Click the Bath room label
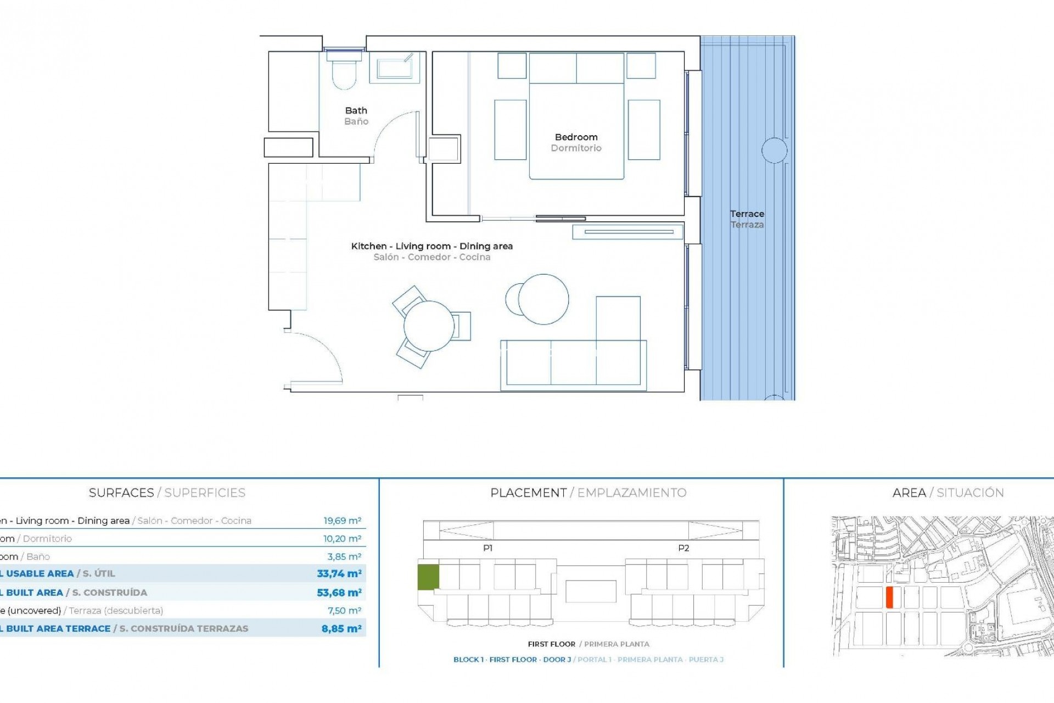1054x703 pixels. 356,111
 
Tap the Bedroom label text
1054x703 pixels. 576,137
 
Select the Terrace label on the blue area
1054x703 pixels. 747,214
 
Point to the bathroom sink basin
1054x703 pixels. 394,68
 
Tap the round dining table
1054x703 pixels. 429,326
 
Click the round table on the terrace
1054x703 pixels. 774,150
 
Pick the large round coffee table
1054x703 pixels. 543,299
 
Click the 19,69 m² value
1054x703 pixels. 342,521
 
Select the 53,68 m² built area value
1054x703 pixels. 339,593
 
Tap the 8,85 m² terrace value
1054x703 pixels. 341,629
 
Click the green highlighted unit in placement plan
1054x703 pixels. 428,577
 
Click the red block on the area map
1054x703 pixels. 889,597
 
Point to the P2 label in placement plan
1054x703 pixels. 683,548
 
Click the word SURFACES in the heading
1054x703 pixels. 121,493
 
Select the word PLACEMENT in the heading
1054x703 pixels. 528,493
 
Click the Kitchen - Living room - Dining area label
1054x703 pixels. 431,247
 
